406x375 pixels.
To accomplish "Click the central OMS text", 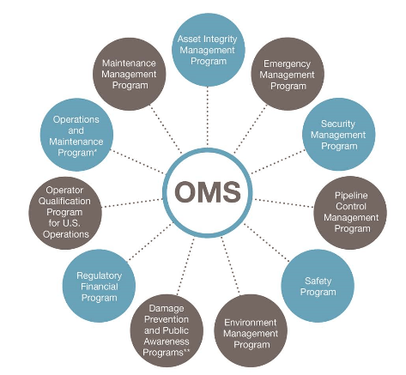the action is [208, 191].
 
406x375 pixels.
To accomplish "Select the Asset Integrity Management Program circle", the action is [208, 50].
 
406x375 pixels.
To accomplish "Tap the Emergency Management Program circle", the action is [288, 75].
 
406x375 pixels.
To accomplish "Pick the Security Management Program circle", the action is [339, 135].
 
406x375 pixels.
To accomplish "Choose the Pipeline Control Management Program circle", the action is [351, 212].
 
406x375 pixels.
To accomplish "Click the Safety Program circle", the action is [318, 287].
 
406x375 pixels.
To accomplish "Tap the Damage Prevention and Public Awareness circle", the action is [167, 330].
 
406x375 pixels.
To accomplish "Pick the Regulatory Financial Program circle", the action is [99, 287].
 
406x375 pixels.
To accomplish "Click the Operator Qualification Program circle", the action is [65, 213].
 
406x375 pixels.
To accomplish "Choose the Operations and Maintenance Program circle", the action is [76, 135].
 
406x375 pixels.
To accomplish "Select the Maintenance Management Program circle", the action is [130, 75].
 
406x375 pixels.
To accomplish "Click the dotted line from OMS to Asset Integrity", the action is [208, 117].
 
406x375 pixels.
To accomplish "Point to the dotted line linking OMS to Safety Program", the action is [267, 242].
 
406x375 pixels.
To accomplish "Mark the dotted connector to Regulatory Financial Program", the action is [149, 242].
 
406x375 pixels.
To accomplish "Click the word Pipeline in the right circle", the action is [351, 196].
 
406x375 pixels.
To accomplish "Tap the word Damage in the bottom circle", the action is [167, 308].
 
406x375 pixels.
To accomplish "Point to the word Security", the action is [338, 124].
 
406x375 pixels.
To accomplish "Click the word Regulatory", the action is [99, 275].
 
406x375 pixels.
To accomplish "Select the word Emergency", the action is [287, 64].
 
